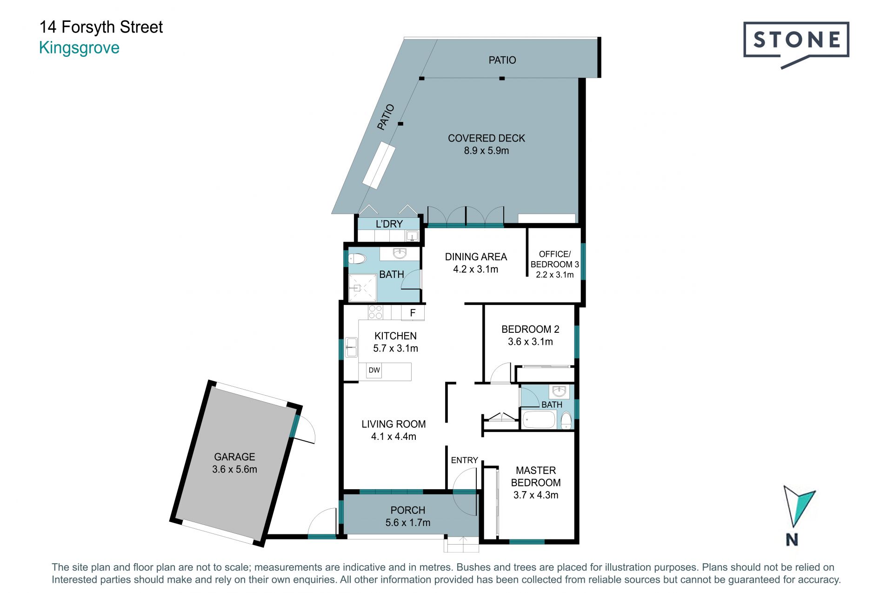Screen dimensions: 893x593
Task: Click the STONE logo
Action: click(x=796, y=44)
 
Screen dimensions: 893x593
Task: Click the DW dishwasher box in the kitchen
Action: click(x=374, y=371)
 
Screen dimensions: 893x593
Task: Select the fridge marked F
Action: click(x=413, y=313)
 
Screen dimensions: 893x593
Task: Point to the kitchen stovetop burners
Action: click(x=375, y=312)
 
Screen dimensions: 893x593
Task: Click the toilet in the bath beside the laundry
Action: click(x=357, y=258)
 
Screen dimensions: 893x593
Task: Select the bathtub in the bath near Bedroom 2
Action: click(x=539, y=419)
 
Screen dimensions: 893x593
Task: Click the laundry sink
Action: click(x=412, y=236)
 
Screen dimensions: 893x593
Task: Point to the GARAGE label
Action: click(x=234, y=457)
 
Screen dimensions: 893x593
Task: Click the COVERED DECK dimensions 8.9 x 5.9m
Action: click(x=486, y=150)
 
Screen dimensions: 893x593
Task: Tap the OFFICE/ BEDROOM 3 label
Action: click(x=555, y=259)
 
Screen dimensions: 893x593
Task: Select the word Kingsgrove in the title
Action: click(x=80, y=48)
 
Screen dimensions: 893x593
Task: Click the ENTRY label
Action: click(x=464, y=460)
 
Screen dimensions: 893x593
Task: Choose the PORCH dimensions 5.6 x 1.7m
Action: click(x=408, y=523)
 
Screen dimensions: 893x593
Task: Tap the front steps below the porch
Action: click(x=461, y=544)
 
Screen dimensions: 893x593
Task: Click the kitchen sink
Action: click(x=352, y=347)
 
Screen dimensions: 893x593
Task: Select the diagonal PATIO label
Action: click(x=386, y=117)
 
